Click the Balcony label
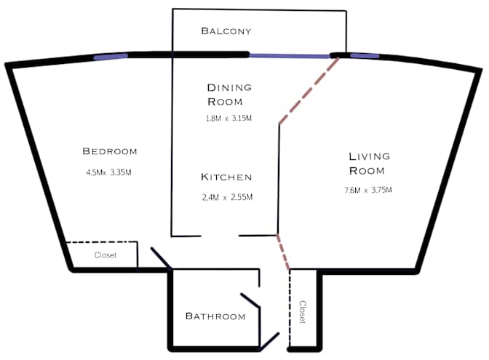[x=226, y=31]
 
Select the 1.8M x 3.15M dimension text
[x=228, y=118]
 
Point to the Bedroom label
[x=110, y=151]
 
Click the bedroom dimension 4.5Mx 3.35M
[x=108, y=173]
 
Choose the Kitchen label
[x=226, y=177]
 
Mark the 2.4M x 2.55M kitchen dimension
[x=227, y=197]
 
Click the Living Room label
[x=369, y=164]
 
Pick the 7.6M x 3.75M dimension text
[x=368, y=191]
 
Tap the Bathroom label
[x=215, y=316]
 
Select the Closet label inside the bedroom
[x=106, y=255]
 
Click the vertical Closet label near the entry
[x=303, y=311]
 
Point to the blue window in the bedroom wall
[x=111, y=55]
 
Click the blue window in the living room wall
[x=364, y=55]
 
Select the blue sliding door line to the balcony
[x=290, y=55]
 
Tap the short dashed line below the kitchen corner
[x=284, y=252]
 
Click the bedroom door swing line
[x=161, y=258]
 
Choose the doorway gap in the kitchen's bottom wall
[x=220, y=236]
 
